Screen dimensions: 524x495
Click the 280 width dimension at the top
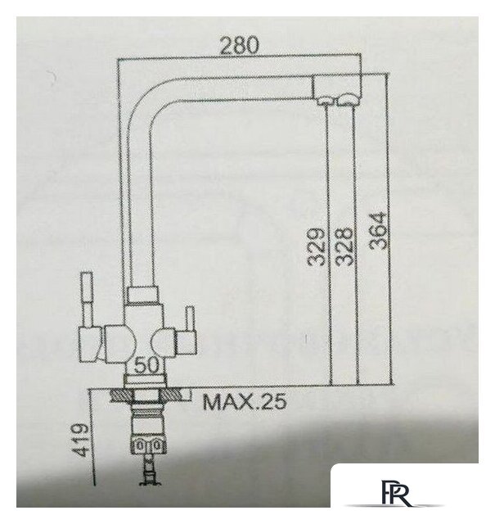coord(239,46)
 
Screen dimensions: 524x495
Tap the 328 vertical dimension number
coord(344,246)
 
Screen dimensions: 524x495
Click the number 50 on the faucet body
coord(147,364)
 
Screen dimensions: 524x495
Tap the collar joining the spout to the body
coord(147,294)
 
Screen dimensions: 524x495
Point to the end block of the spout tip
coord(335,84)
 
